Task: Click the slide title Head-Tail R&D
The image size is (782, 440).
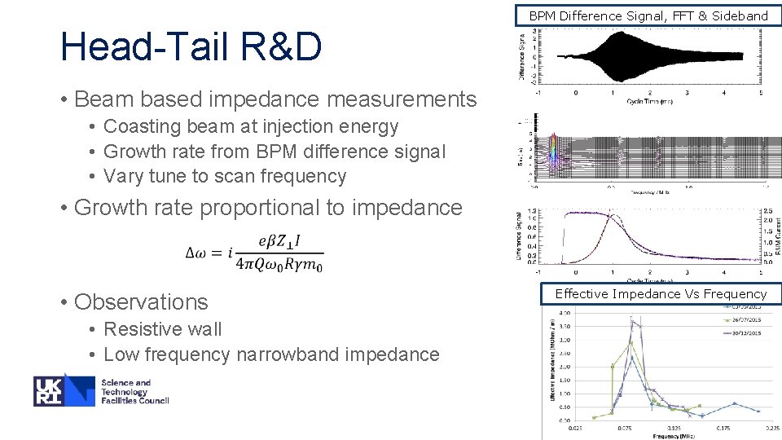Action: pos(191,47)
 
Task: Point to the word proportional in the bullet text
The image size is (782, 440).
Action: pos(260,207)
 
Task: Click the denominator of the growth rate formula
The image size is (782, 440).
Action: pos(279,265)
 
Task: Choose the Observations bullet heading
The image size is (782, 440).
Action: pos(141,301)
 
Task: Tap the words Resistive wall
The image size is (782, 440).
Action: pos(163,329)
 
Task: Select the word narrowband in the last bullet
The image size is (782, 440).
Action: pos(282,354)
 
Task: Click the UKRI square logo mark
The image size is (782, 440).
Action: pos(64,390)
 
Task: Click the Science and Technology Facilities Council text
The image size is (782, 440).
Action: pos(134,391)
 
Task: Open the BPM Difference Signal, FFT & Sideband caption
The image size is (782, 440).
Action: pos(648,15)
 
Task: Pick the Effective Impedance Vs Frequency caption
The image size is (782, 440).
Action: pos(661,293)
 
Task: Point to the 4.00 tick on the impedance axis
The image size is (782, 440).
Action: pos(562,312)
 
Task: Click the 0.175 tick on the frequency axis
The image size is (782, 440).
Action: pos(722,427)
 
